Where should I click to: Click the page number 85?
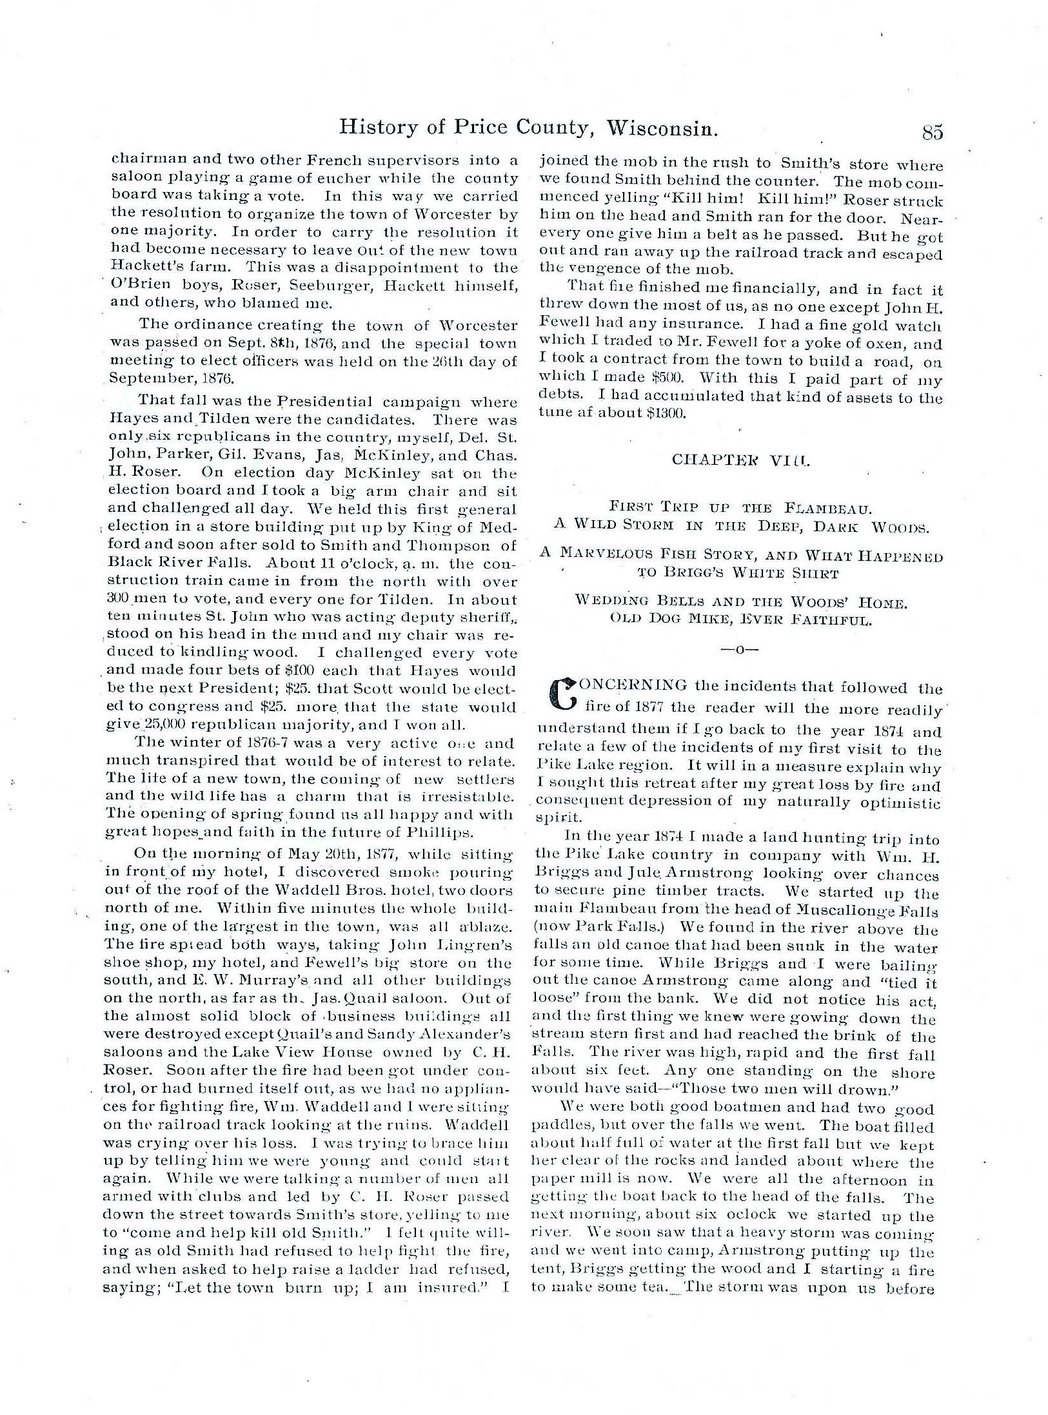[x=932, y=132]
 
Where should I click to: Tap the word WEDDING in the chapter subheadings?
[x=608, y=603]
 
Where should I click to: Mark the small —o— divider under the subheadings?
[x=739, y=650]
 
